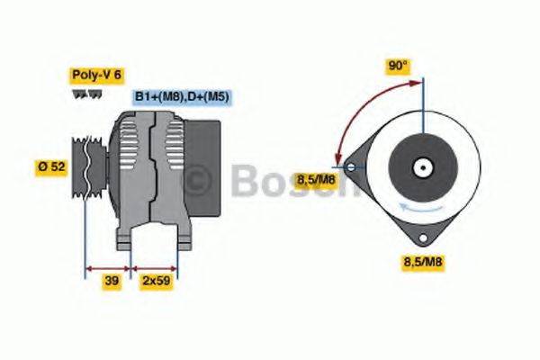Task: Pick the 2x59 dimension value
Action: pos(156,282)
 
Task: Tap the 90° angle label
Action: pos(399,66)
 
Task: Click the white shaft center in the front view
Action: pos(420,166)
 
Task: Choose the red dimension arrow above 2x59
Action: pos(155,267)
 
